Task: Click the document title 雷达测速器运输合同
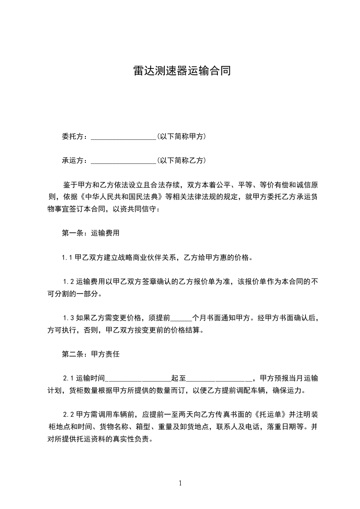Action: tap(180, 71)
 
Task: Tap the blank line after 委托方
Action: tap(123, 137)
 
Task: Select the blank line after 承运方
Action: tap(123, 161)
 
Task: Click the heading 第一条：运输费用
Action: tap(90, 233)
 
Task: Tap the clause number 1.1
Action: tap(68, 258)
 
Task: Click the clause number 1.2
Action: tap(69, 282)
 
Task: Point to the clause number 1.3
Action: tap(69, 318)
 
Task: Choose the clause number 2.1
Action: tap(69, 378)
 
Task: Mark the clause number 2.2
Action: tap(69, 415)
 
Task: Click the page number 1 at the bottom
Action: tap(180, 483)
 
